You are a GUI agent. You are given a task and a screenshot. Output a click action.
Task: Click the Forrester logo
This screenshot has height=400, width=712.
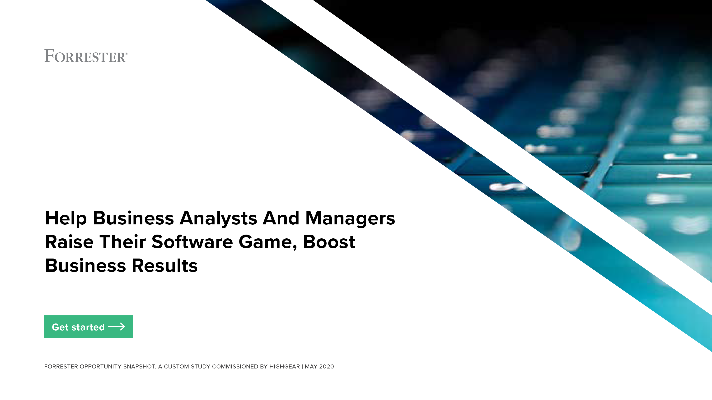[86, 56]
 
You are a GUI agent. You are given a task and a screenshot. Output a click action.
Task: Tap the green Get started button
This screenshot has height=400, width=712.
[89, 327]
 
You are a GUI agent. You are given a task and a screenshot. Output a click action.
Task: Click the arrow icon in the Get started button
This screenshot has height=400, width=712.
[117, 327]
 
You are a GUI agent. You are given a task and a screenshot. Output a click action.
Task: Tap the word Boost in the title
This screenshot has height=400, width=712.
[329, 242]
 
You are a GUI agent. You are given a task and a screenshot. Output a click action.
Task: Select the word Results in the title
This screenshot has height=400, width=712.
[164, 266]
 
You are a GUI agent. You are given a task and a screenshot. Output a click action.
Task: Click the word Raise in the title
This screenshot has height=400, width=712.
[69, 242]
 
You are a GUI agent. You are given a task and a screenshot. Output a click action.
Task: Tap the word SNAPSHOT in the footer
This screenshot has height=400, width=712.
[140, 367]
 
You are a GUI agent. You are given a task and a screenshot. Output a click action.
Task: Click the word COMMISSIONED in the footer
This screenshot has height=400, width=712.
[235, 367]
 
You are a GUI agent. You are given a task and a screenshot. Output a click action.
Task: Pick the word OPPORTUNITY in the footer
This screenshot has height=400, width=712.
[101, 367]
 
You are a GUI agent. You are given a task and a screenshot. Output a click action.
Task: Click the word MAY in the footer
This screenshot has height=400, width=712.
[311, 367]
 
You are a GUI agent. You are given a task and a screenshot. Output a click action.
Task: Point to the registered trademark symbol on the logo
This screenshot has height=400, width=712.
[126, 54]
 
